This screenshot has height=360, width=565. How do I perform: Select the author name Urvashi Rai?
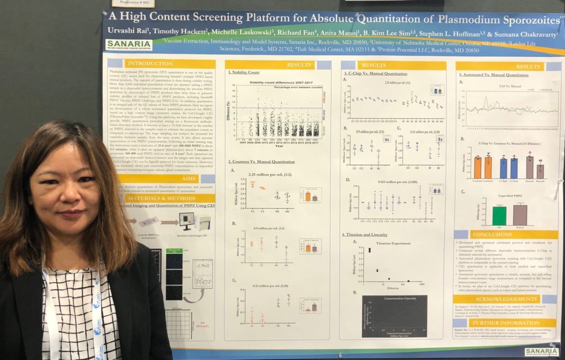(130, 31)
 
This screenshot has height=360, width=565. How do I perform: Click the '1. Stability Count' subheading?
(243, 73)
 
